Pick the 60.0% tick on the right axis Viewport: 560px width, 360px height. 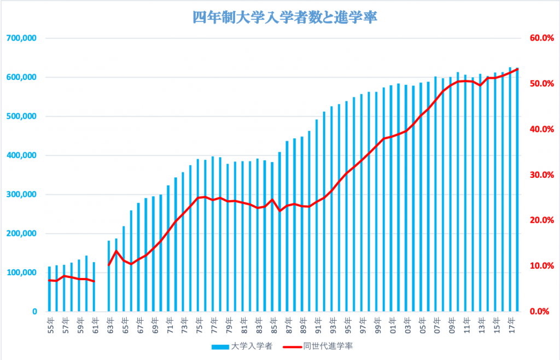540,38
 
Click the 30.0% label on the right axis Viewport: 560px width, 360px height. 540,175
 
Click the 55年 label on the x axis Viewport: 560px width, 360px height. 50,324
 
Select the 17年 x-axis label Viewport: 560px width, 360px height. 510,324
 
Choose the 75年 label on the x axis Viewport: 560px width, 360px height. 198,324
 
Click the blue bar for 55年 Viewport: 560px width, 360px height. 50,290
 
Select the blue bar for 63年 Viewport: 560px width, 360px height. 109,277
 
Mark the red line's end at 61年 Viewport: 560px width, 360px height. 94,281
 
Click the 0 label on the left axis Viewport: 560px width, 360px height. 34,312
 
